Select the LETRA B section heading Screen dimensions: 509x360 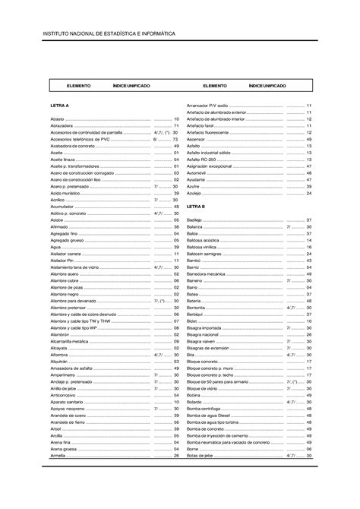pos(197,206)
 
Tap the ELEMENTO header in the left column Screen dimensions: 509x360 pos(79,87)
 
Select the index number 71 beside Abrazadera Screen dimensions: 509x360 pos(175,125)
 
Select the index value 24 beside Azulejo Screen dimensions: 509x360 pos(309,193)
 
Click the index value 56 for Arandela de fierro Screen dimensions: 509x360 pos(175,421)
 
